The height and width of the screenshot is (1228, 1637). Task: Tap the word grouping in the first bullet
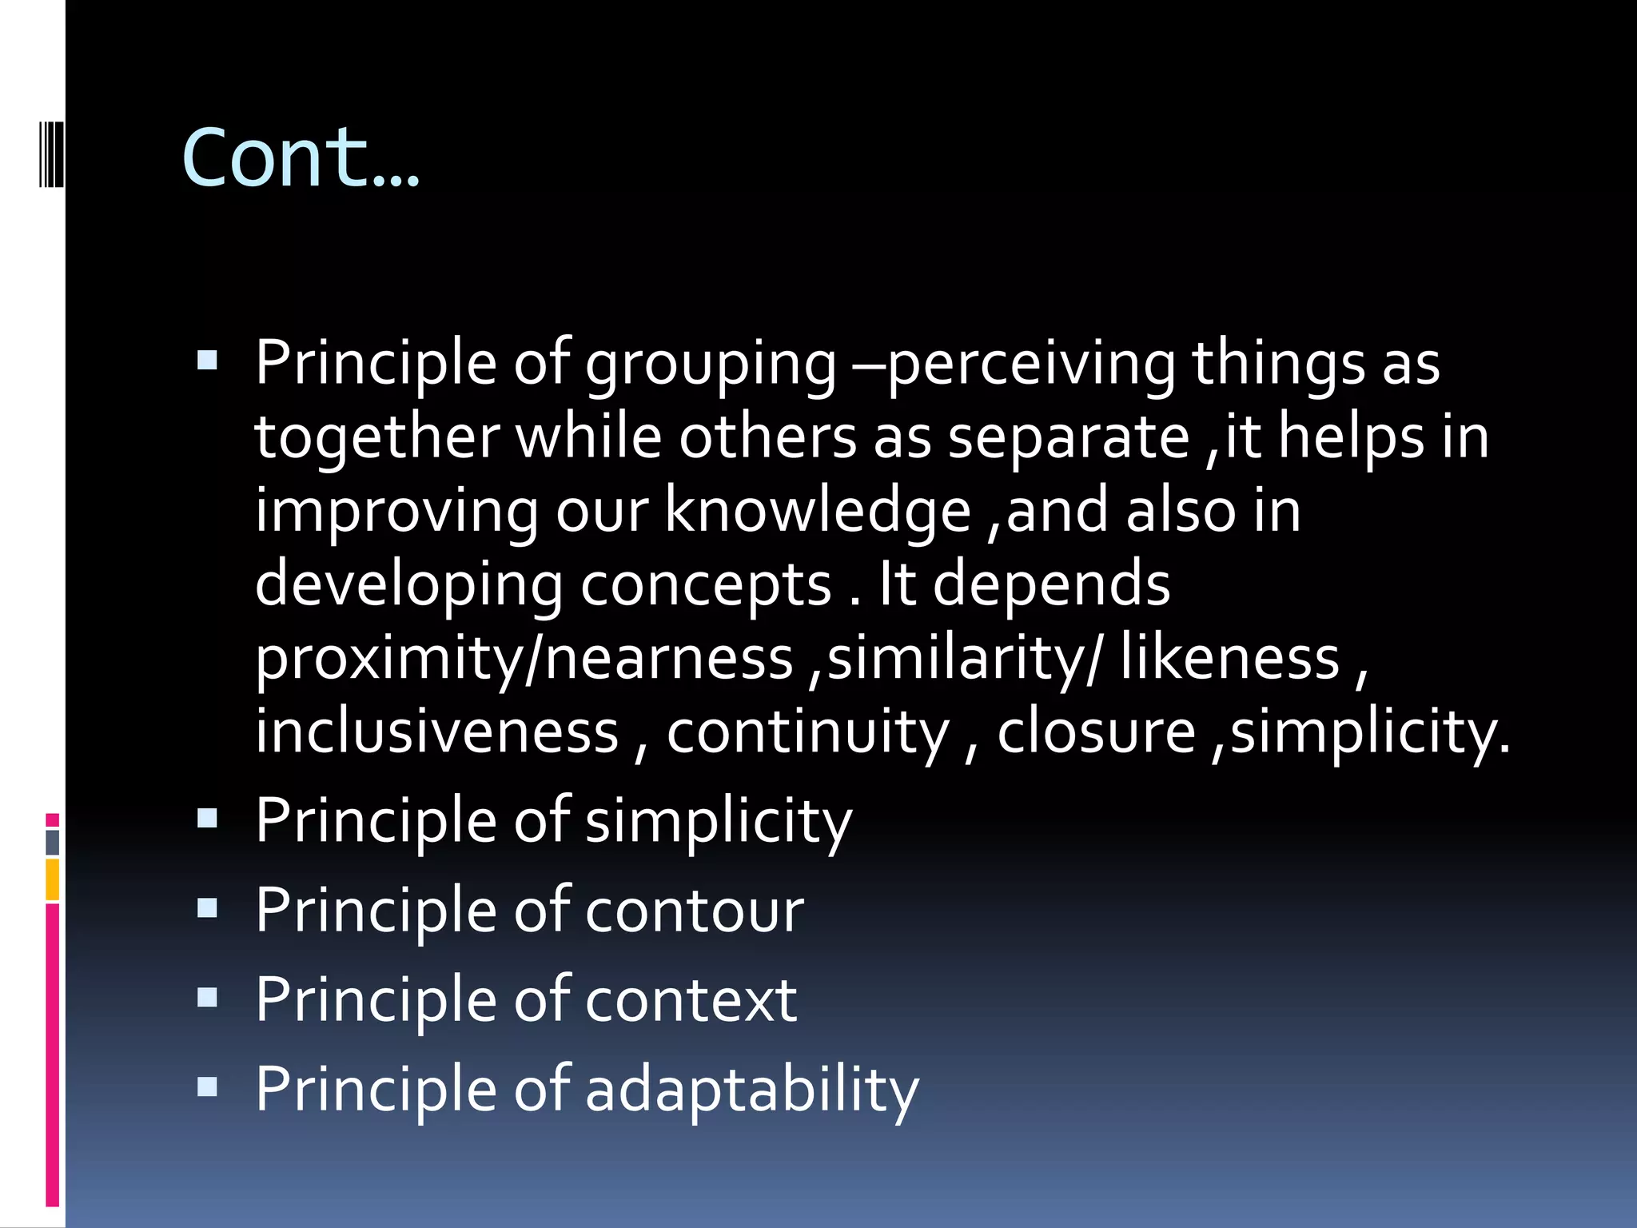(x=711, y=365)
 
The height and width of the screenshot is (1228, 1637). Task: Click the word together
(x=377, y=438)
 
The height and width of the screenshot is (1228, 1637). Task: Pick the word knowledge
(x=818, y=512)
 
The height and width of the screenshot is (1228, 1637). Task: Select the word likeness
(x=1229, y=658)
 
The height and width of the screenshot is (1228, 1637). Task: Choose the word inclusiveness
(x=437, y=732)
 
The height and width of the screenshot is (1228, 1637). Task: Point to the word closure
(x=1096, y=732)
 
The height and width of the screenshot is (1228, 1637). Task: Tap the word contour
(x=695, y=911)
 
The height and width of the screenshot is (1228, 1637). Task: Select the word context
(x=691, y=1000)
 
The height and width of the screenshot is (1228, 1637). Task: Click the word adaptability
(x=752, y=1090)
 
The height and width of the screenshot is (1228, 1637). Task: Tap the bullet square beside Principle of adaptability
(x=207, y=1087)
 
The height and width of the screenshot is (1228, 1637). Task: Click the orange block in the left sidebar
(x=53, y=879)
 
